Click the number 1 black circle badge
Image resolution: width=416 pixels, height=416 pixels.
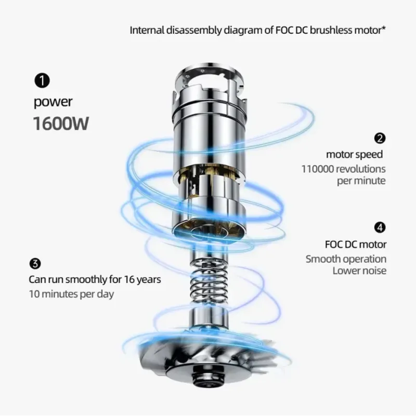(42, 81)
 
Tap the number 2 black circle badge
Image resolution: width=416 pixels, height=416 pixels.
(380, 138)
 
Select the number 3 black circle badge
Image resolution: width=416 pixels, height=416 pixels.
(35, 264)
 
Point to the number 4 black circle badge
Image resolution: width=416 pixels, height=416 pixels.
(380, 227)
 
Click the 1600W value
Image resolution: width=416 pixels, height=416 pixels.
(61, 124)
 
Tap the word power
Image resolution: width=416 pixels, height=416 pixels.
(53, 102)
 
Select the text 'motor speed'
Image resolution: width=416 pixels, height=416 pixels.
(354, 154)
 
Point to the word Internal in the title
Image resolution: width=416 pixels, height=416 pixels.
(147, 30)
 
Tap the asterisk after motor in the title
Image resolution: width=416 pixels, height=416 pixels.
(383, 28)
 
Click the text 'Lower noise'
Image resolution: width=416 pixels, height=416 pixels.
(359, 270)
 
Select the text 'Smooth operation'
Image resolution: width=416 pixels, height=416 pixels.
(346, 259)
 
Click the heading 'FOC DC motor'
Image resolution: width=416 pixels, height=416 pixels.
(356, 244)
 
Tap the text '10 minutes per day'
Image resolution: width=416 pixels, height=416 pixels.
(71, 294)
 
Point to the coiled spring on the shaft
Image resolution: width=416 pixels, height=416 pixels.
(210, 284)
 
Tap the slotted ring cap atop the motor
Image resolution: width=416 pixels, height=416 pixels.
(210, 77)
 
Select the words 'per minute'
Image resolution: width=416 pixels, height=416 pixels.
(361, 181)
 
